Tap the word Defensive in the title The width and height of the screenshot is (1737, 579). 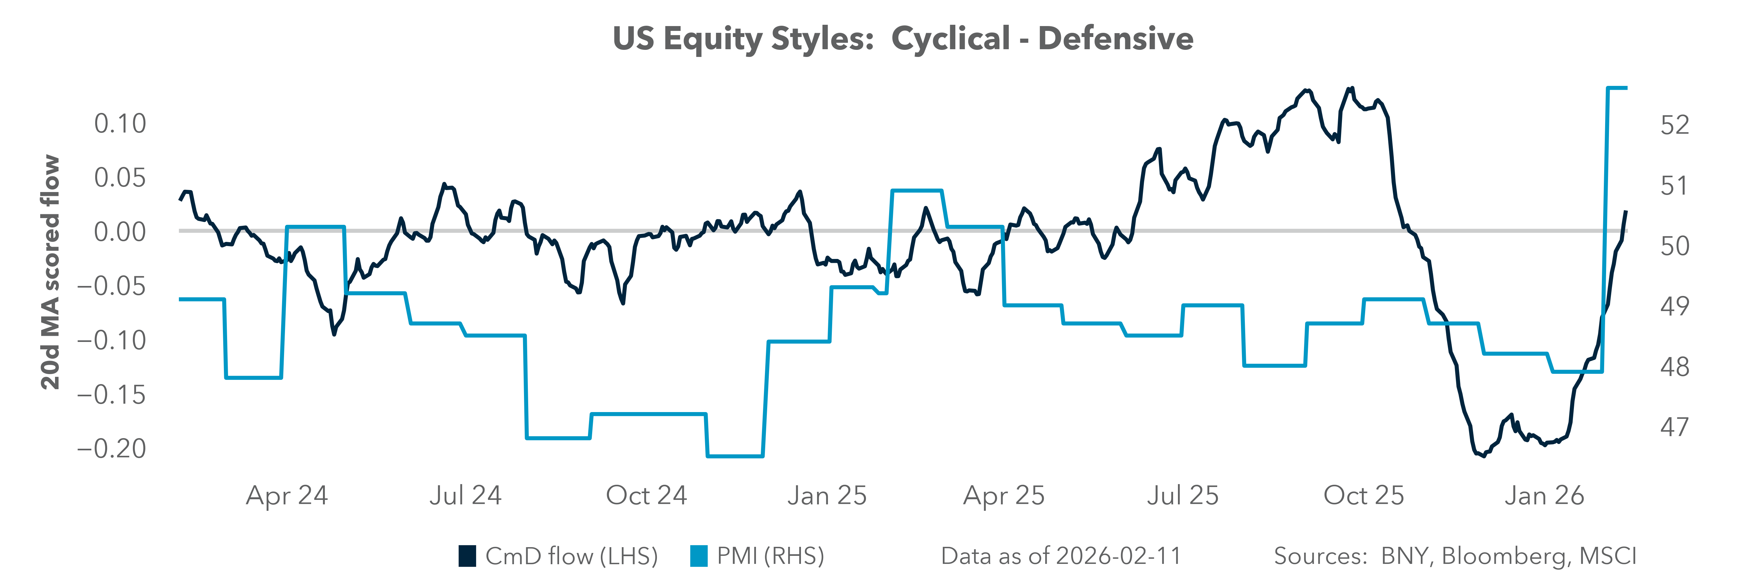(x=1116, y=38)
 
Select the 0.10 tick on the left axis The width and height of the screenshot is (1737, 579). (x=120, y=124)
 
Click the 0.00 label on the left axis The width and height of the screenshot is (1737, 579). (x=120, y=233)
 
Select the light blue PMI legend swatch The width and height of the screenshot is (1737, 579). (x=699, y=556)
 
